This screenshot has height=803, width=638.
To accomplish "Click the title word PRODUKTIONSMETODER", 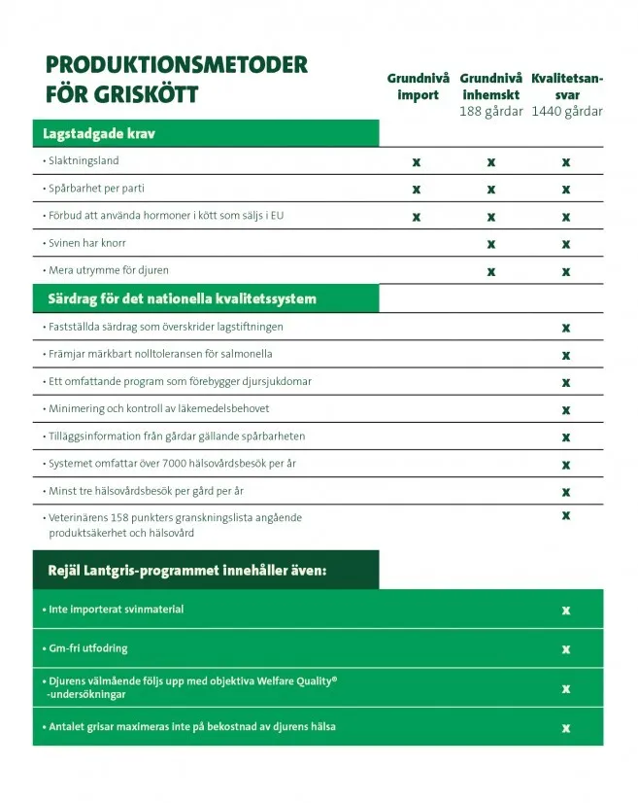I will coord(176,65).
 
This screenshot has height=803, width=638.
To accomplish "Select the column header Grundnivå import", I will coord(418,87).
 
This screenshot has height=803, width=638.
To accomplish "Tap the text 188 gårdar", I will coord(490,111).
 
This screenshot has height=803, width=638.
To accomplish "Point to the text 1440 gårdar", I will coord(567,111).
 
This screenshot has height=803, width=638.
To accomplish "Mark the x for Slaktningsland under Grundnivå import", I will coord(417,161).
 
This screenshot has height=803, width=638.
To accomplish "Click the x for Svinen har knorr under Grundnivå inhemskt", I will coord(491,244).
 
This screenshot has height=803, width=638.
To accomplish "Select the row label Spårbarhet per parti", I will coord(96,188).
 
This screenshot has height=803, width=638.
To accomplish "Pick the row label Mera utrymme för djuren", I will coord(108,269).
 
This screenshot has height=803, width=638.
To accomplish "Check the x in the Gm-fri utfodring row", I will coord(565,648).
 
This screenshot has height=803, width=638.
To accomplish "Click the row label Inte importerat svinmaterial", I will coord(116,610).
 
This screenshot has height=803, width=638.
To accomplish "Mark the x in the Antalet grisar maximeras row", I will coord(565,727).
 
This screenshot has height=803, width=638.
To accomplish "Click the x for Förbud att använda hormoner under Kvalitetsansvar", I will coord(565,217).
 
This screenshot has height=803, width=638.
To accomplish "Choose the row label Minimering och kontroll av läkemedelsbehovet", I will coord(159,408).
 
